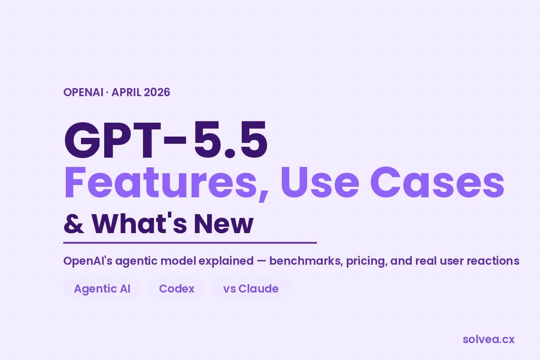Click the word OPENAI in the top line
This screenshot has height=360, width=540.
click(x=84, y=92)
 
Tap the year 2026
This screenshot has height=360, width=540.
click(x=157, y=92)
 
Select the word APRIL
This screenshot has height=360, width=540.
click(x=127, y=92)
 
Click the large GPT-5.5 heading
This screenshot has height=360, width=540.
click(x=166, y=140)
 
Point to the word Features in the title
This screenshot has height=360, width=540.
click(x=166, y=183)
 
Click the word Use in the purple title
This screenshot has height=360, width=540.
click(x=320, y=182)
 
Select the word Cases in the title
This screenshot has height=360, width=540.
click(x=437, y=182)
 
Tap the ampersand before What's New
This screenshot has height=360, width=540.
click(x=74, y=223)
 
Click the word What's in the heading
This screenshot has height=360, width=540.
click(x=139, y=223)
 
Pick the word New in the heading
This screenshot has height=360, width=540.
click(x=224, y=223)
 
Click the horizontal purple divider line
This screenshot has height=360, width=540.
click(x=190, y=243)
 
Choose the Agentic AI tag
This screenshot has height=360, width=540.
click(x=102, y=289)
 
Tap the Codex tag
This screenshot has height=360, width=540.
click(x=177, y=289)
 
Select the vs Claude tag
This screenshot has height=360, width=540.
click(x=251, y=289)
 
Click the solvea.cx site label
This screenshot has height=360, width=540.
click(x=489, y=339)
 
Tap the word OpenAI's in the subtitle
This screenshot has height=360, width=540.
click(x=88, y=261)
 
